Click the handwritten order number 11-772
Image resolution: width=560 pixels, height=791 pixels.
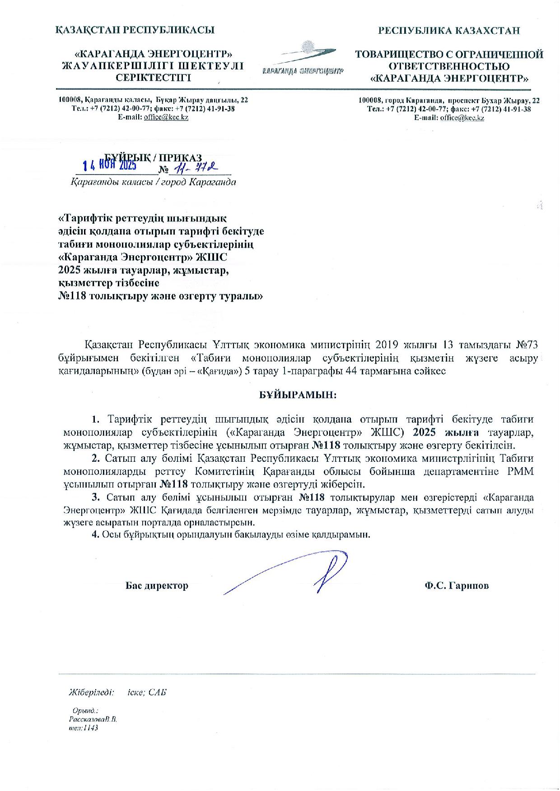(x=196, y=168)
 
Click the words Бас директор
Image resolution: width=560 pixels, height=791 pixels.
(x=157, y=586)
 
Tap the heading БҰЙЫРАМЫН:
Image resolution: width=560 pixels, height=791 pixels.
(x=298, y=395)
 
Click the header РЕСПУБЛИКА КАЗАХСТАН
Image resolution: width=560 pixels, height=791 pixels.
(x=449, y=31)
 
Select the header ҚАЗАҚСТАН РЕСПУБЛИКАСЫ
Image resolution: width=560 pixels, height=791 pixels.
(x=135, y=30)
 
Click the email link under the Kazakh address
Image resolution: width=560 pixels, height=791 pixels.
(x=166, y=117)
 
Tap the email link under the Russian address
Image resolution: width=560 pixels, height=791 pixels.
(x=462, y=118)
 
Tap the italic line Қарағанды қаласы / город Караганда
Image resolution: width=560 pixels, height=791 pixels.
(x=153, y=183)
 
